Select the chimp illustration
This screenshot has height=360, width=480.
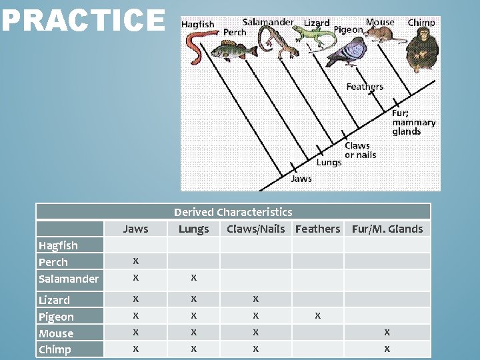(421, 50)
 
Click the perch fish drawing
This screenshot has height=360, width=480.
(233, 50)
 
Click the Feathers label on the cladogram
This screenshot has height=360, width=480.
(365, 87)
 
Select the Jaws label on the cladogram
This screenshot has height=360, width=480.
(301, 179)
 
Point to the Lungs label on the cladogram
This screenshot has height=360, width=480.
(329, 163)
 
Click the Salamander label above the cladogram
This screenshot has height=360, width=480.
(267, 22)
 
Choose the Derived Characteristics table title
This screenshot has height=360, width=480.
(233, 212)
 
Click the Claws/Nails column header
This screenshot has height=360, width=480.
(256, 229)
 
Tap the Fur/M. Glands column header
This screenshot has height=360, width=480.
(387, 229)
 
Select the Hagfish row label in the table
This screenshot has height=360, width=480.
(58, 245)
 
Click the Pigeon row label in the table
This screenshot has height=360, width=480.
(56, 317)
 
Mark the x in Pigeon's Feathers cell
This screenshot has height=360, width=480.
(317, 315)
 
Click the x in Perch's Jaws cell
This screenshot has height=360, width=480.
(136, 261)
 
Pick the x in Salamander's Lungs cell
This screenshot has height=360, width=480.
(193, 277)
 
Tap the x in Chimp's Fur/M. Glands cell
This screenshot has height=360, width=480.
(387, 349)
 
